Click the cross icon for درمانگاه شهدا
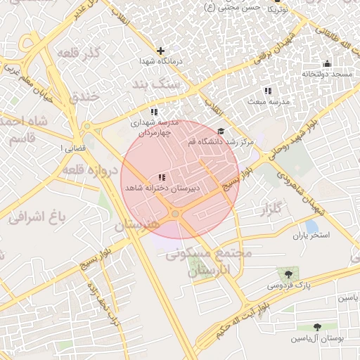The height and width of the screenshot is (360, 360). pyautogui.click(x=161, y=51)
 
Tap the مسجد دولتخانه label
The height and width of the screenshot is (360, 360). pyautogui.click(x=326, y=74)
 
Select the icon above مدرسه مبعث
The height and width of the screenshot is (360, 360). pyautogui.click(x=267, y=91)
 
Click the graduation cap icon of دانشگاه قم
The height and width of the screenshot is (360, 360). pyautogui.click(x=221, y=131)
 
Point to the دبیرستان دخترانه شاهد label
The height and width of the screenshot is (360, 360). pyautogui.click(x=162, y=188)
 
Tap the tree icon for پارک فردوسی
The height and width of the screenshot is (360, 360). pyautogui.click(x=288, y=273)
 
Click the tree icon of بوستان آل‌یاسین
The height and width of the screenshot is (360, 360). pyautogui.click(x=316, y=327)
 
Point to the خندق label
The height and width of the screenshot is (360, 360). pyautogui.click(x=87, y=96)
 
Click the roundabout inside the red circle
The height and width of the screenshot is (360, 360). pyautogui.click(x=174, y=213)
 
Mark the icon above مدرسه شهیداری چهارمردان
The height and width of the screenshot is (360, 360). pyautogui.click(x=154, y=112)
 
